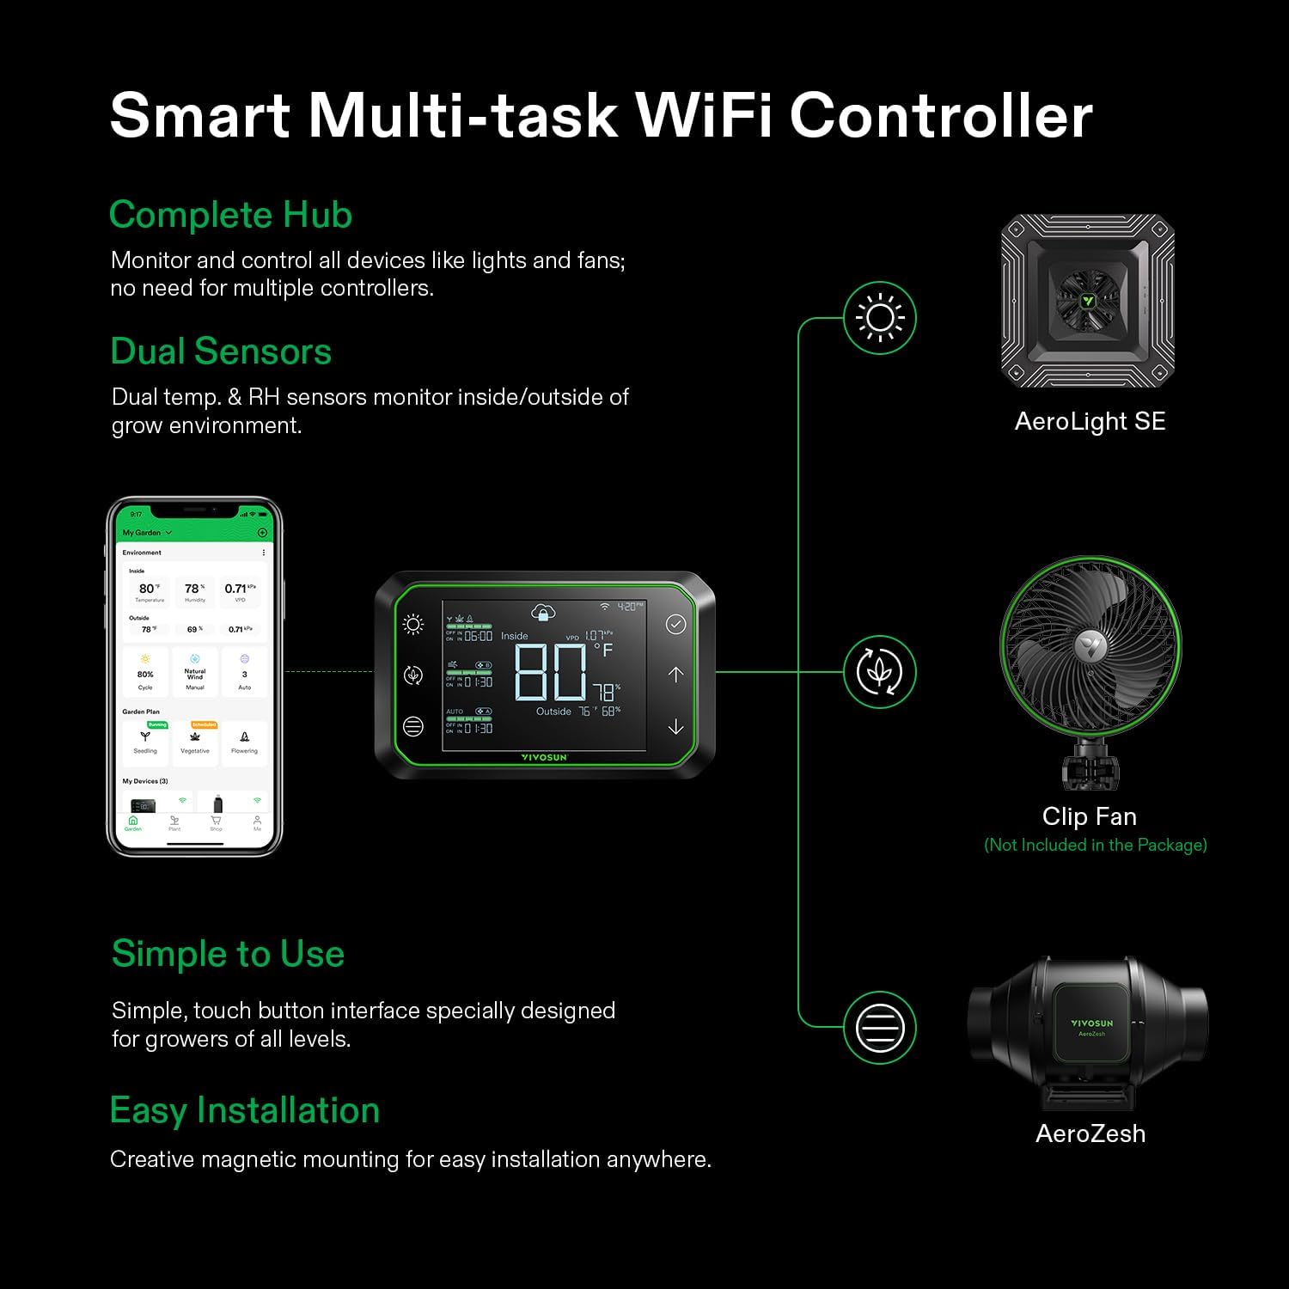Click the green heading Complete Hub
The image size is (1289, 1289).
pos(230,215)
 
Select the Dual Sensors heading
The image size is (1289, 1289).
pos(221,351)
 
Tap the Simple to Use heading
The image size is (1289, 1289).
pos(228,954)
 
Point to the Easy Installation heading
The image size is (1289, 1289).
pos(245,1110)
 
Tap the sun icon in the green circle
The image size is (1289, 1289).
pos(880,318)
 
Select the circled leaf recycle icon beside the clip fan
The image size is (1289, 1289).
pos(880,672)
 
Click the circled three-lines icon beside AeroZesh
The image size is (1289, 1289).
pos(880,1027)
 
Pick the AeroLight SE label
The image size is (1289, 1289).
pos(1090,421)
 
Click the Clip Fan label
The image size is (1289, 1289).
pos(1089,816)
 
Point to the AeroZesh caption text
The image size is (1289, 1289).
pos(1090,1133)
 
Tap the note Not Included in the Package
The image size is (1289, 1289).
pos(1096,845)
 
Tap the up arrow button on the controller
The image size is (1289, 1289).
pos(676,675)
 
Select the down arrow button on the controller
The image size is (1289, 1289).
pos(676,727)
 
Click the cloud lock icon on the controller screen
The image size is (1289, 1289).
pos(543,612)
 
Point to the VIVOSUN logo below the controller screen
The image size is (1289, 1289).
pos(544,757)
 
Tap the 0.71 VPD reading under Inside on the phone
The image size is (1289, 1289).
pos(236,589)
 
